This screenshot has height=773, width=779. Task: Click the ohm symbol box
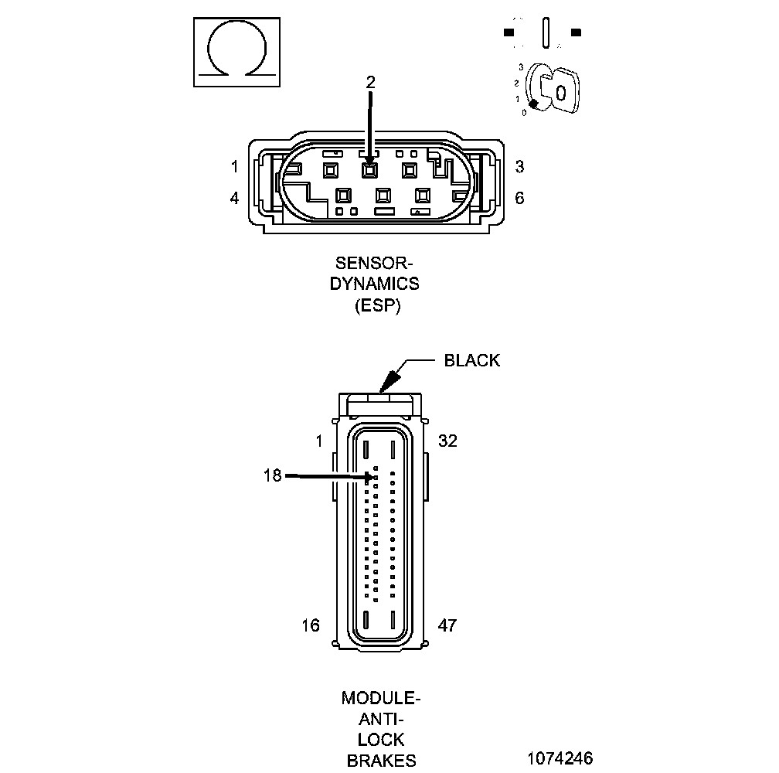(236, 52)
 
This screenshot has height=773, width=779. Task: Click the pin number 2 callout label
(370, 82)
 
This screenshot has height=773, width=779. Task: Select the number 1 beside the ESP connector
(235, 166)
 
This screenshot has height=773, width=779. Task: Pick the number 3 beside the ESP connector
(519, 166)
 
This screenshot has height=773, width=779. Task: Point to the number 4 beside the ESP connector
(235, 198)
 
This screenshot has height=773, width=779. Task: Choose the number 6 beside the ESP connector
(519, 198)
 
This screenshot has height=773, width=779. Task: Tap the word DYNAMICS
(375, 284)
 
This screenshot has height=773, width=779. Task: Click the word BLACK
(471, 360)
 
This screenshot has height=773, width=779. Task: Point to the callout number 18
(272, 476)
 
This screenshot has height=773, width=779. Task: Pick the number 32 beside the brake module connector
(447, 441)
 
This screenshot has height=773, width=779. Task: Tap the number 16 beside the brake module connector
(311, 625)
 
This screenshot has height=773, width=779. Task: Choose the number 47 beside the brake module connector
(447, 625)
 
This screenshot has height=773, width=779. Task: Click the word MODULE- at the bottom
(381, 699)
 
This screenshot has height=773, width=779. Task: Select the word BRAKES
(381, 760)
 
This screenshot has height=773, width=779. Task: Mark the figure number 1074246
(560, 758)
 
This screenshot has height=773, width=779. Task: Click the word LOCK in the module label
(381, 740)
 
